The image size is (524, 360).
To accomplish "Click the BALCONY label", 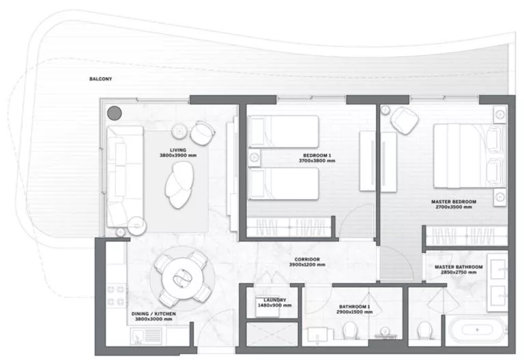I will pyautogui.click(x=100, y=79).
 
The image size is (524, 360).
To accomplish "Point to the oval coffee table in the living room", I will pyautogui.click(x=180, y=187).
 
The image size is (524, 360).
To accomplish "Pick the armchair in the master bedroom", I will pyautogui.click(x=405, y=121).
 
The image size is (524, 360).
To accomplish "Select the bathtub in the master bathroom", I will pyautogui.click(x=476, y=334).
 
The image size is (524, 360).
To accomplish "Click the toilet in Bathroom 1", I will pyautogui.click(x=350, y=332).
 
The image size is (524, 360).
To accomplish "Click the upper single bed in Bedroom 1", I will pyautogui.click(x=284, y=130).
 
